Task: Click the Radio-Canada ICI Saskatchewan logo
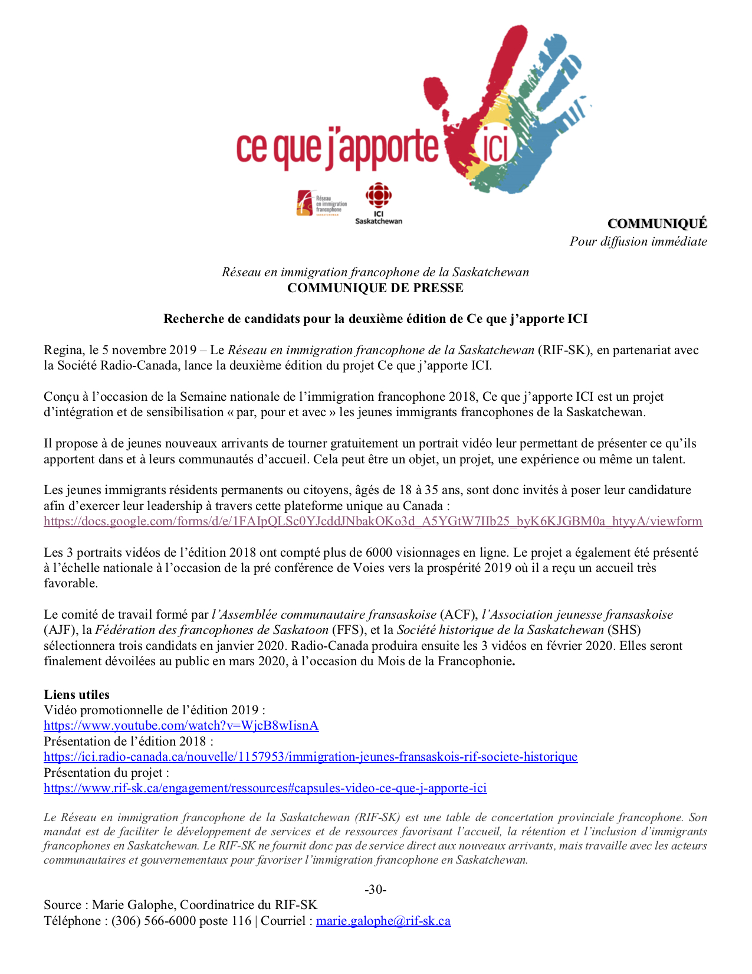pyautogui.click(x=378, y=203)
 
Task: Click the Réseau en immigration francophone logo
pyautogui.click(x=321, y=204)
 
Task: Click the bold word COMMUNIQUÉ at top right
pyautogui.click(x=657, y=223)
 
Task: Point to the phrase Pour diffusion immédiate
pyautogui.click(x=638, y=241)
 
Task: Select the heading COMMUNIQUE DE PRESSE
pyautogui.click(x=375, y=288)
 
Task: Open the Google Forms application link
pyautogui.click(x=373, y=521)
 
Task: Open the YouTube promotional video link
pyautogui.click(x=181, y=725)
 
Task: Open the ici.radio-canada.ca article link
pyautogui.click(x=310, y=757)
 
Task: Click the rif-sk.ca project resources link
pyautogui.click(x=265, y=788)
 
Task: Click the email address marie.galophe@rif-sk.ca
pyautogui.click(x=383, y=921)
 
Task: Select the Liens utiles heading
pyautogui.click(x=77, y=695)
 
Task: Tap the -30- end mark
pyautogui.click(x=376, y=890)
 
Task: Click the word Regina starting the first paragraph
pyautogui.click(x=63, y=350)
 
